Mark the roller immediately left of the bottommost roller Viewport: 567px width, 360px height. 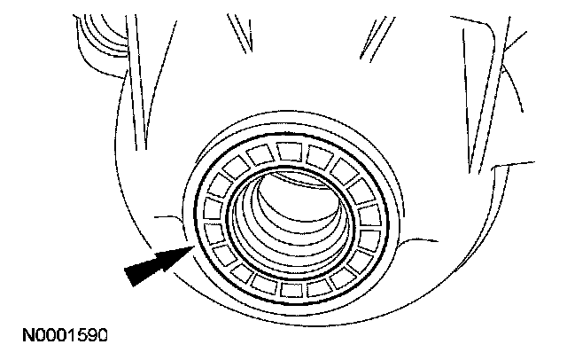pos(263,285)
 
